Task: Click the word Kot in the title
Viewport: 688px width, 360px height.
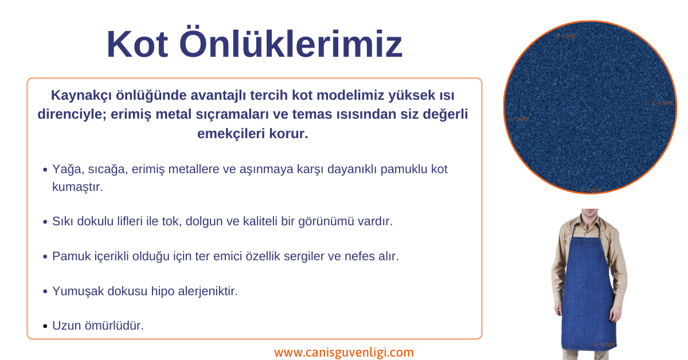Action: [137, 44]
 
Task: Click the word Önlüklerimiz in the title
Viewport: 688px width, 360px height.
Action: [291, 42]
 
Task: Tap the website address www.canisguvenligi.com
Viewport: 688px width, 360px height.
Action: [344, 353]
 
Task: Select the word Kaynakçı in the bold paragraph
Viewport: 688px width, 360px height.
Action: [81, 96]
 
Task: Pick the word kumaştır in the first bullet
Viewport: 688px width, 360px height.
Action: [77, 187]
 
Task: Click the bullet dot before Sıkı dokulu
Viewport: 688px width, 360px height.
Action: [45, 222]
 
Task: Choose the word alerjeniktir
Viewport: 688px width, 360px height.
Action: [208, 292]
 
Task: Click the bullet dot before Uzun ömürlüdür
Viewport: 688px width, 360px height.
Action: [45, 326]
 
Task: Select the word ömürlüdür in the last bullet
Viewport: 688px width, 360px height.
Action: [114, 326]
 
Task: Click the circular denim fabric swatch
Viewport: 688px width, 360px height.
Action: [590, 108]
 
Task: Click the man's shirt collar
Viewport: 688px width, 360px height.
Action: [590, 222]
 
